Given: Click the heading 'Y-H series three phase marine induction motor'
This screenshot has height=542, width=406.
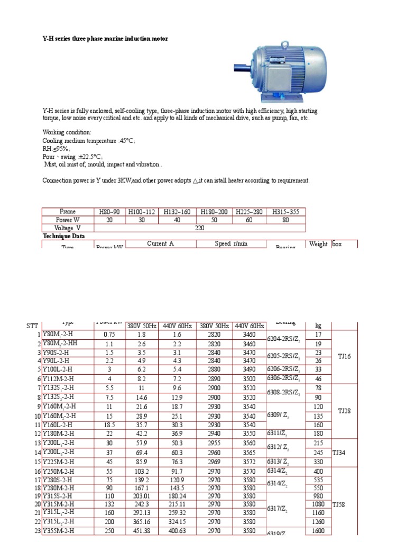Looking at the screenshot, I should (105, 39).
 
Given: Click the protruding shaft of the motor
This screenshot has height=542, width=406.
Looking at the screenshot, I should (241, 68).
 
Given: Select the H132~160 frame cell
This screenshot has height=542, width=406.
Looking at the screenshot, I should (178, 212).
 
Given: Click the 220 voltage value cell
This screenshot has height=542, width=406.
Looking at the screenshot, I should (199, 228).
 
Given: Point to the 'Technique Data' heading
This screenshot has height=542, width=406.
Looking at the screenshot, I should (63, 236).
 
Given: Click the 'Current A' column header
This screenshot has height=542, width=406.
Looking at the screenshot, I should (160, 243).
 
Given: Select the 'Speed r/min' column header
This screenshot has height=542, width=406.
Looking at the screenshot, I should (231, 243).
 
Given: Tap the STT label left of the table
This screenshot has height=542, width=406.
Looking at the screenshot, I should (33, 326).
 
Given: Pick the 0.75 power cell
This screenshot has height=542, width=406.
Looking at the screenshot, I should (109, 335).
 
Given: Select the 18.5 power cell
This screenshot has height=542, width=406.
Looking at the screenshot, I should (109, 424).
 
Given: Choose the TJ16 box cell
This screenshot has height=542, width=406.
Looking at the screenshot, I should (344, 356).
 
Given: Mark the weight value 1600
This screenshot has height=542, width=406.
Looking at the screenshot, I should (318, 531).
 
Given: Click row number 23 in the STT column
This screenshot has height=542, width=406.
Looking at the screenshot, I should (37, 531).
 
